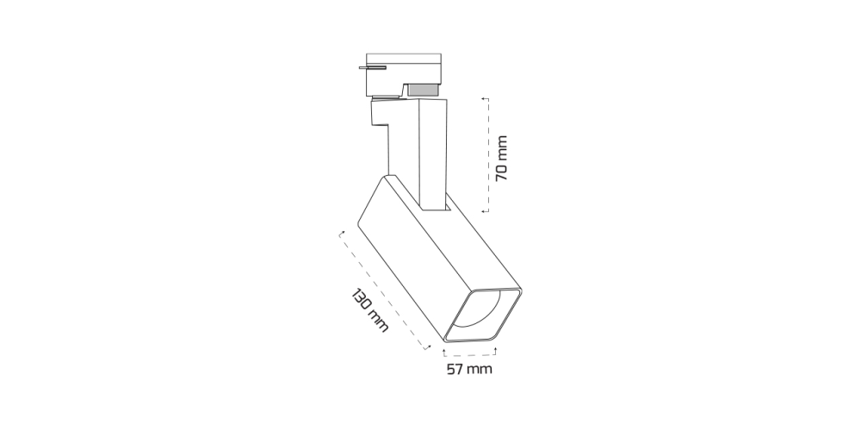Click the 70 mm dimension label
point(501,159)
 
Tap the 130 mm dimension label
point(369,310)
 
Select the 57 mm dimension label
point(469,369)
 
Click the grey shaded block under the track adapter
point(423,90)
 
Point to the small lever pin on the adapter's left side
point(372,67)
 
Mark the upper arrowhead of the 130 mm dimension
point(342,234)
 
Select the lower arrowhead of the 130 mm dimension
point(427,347)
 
